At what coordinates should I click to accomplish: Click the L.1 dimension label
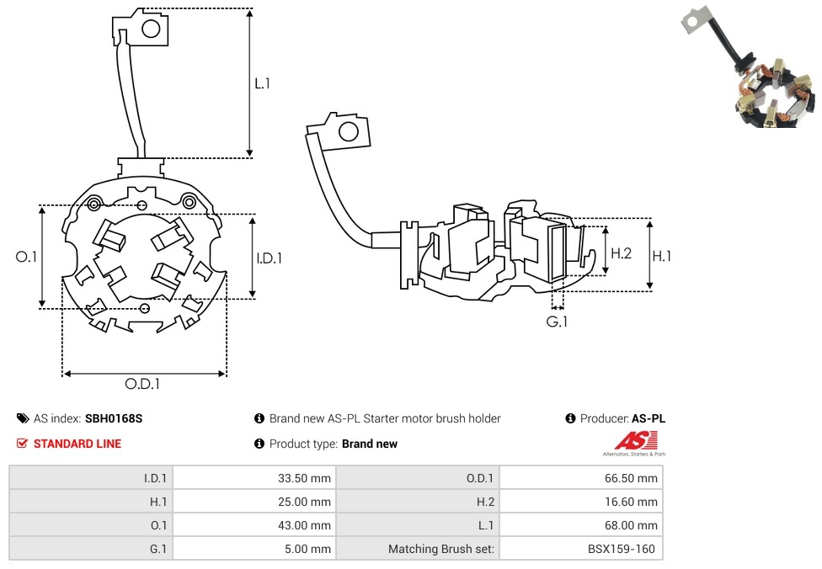(x=263, y=83)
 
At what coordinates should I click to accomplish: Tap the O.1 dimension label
(x=27, y=257)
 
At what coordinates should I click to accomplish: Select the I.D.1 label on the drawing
(x=269, y=258)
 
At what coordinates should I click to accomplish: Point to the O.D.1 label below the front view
(x=142, y=384)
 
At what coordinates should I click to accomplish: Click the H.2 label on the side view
(x=621, y=253)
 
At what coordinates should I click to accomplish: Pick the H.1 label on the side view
(x=662, y=256)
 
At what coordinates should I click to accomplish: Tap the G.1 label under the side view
(x=557, y=322)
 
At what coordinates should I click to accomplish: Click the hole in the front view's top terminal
(x=152, y=29)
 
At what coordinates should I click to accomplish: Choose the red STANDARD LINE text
(x=77, y=444)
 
